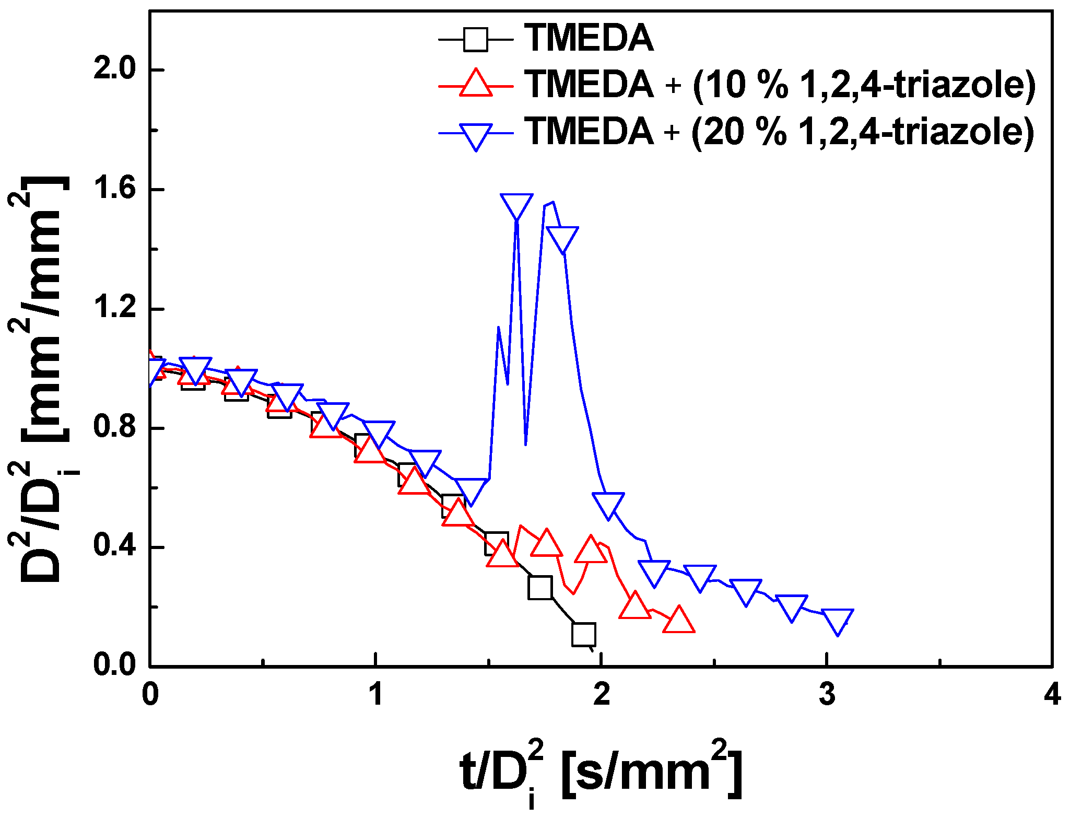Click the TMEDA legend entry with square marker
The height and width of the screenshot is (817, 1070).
(589, 38)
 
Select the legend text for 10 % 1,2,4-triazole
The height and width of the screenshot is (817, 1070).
(780, 84)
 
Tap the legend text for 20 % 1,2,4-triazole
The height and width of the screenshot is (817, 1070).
(779, 131)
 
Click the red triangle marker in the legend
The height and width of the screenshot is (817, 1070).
(476, 84)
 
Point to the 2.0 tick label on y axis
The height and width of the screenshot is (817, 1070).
(114, 69)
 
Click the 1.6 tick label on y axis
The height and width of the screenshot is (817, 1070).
(114, 189)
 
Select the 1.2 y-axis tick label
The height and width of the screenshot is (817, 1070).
(114, 309)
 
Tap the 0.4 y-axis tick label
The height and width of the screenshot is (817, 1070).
(114, 547)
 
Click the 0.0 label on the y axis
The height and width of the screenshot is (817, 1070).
(114, 666)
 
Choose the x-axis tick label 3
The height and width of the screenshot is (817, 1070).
(827, 695)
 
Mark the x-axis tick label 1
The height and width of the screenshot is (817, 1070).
(375, 695)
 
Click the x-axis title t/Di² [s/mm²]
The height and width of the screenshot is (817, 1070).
(601, 773)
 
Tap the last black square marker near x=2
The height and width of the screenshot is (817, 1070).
(584, 634)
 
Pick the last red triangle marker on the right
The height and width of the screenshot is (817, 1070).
(678, 621)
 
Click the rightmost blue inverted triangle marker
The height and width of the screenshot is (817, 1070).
(838, 621)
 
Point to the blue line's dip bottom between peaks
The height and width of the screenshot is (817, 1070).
(525, 444)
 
